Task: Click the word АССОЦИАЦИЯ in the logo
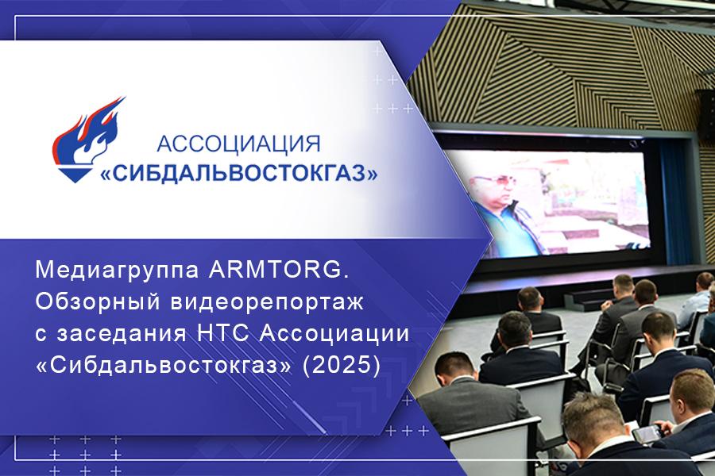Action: point(238,144)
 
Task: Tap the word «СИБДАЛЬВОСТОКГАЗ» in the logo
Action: point(239,173)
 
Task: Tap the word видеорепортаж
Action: point(267,303)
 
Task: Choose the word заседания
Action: point(122,335)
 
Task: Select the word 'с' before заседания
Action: point(41,336)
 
